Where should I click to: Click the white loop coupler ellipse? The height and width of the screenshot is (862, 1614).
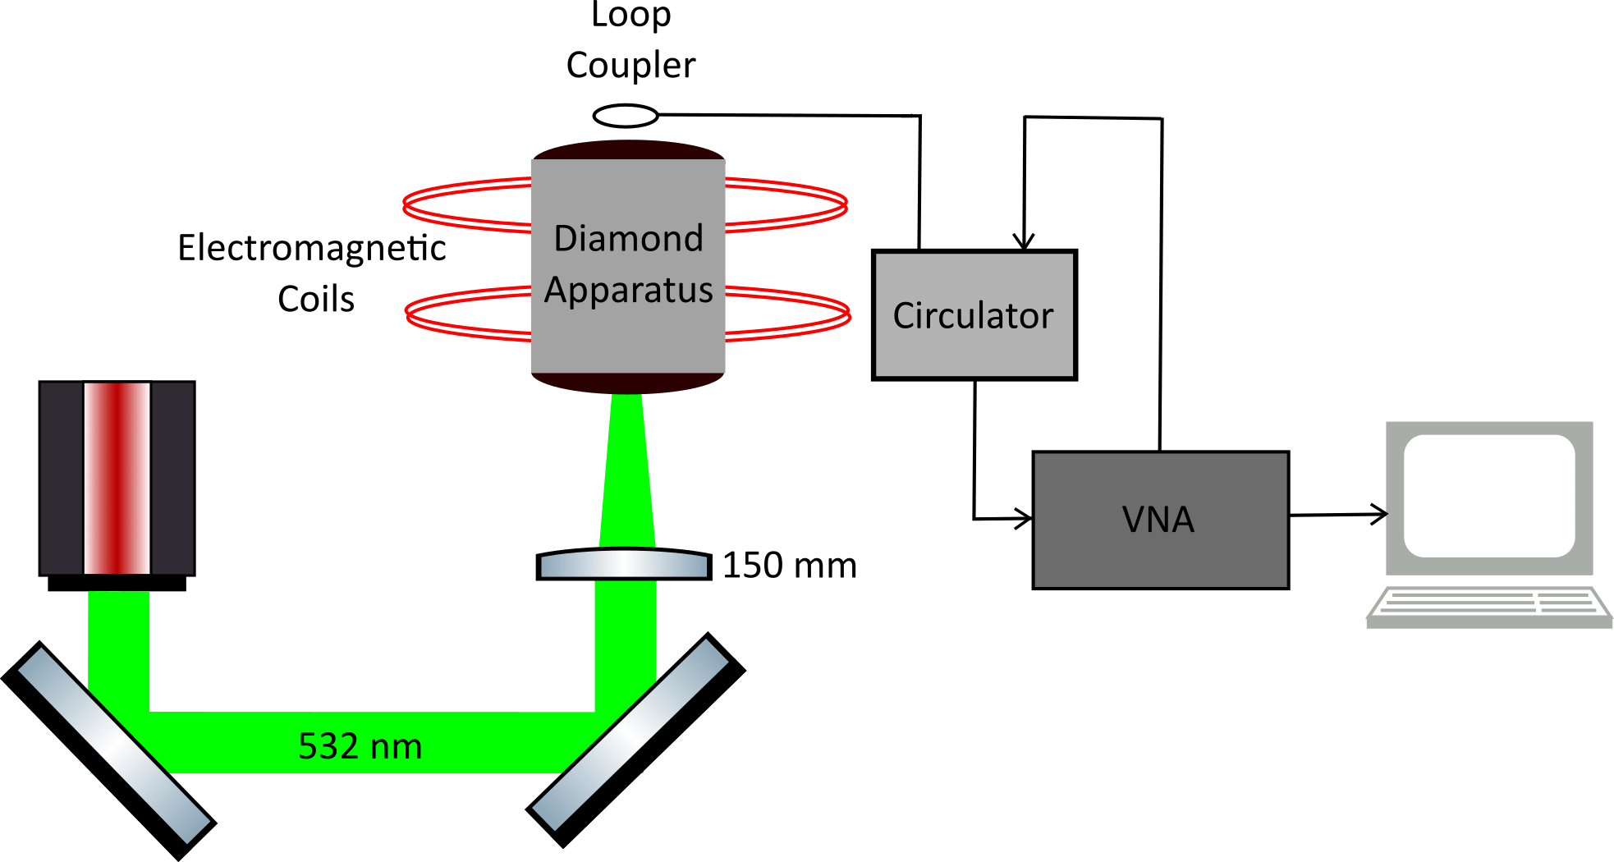coord(626,116)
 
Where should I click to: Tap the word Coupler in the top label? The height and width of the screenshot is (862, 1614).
coord(630,66)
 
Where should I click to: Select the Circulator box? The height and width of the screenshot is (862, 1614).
coord(974,315)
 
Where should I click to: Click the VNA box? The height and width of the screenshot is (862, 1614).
coord(1159,520)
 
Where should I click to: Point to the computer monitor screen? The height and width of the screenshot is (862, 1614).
coord(1488,496)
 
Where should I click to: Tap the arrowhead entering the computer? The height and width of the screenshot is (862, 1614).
coord(1379,515)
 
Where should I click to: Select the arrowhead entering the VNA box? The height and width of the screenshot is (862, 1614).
coord(1024,518)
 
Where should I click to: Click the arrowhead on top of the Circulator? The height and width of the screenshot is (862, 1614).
coord(1023,240)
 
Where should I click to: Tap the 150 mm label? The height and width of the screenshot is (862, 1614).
coord(790,566)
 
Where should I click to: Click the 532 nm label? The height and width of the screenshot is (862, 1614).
coord(360,746)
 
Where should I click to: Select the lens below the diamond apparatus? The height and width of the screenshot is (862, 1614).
coord(623,565)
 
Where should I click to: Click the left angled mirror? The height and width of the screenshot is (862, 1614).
coord(109,750)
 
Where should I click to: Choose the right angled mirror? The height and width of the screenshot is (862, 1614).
coord(636,740)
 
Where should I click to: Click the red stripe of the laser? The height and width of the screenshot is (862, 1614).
coord(117,478)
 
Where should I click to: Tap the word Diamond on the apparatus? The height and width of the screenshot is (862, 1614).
coord(628,239)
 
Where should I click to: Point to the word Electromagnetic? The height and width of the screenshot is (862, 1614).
coord(312,248)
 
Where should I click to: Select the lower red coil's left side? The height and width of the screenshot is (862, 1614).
coord(466,313)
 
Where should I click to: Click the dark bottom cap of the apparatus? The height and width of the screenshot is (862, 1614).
coord(627,383)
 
